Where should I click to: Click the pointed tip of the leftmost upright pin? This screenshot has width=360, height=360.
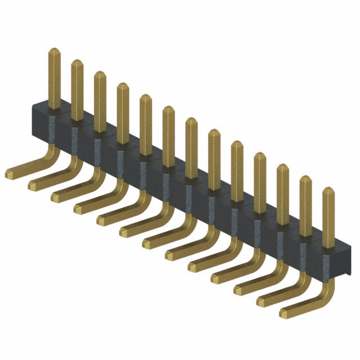tap(54, 51)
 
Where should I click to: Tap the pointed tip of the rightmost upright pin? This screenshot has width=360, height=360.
tap(328, 191)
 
